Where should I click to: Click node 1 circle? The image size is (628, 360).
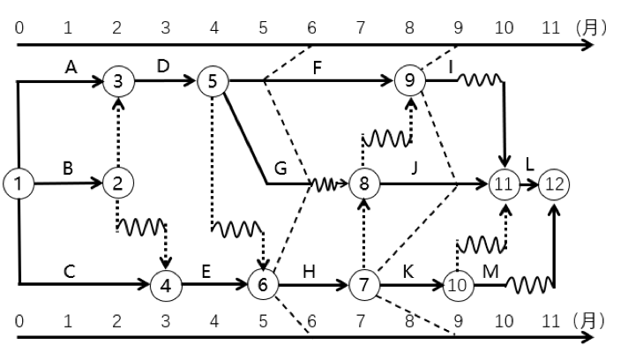[x=17, y=184]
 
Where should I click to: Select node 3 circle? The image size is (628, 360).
[x=116, y=81]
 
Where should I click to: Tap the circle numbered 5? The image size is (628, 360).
[x=213, y=81]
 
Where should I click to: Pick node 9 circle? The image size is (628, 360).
[x=409, y=81]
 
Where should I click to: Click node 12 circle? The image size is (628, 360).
[x=555, y=184]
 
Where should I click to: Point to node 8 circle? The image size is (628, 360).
[x=363, y=184]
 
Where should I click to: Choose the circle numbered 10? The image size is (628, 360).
[x=457, y=284]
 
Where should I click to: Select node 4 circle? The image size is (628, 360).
[x=165, y=284]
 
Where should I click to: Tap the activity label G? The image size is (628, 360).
[x=280, y=168]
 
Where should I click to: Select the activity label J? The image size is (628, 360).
[x=413, y=168]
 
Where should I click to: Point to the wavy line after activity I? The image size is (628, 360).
[x=481, y=81]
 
